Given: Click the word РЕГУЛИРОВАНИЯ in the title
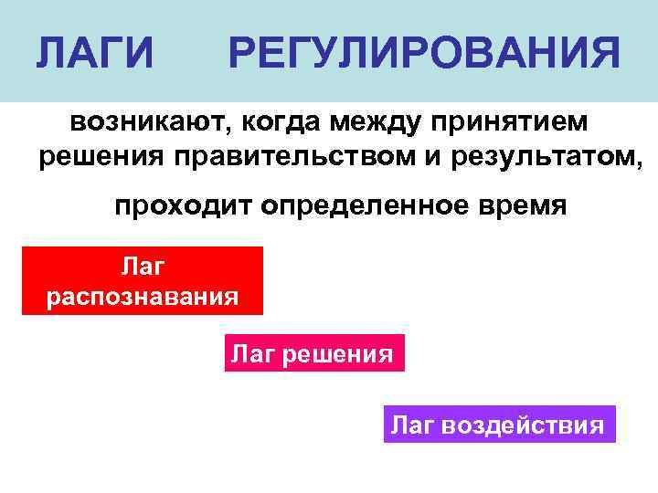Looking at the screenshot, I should tap(425, 54).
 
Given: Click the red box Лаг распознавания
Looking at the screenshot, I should tap(143, 281).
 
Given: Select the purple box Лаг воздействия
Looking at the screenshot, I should tap(499, 425).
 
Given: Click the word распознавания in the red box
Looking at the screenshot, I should tap(143, 298).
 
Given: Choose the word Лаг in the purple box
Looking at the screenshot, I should tap(414, 425).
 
